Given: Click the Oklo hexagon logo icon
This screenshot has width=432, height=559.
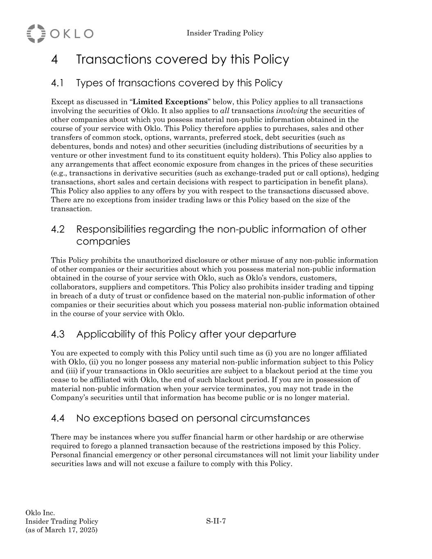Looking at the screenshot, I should click(36, 34).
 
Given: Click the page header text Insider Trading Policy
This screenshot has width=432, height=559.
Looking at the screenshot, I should click(225, 33).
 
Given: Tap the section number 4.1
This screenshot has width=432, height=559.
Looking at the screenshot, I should click(57, 83).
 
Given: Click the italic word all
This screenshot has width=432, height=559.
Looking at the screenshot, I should click(225, 111).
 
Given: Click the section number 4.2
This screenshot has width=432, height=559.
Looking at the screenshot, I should click(58, 229).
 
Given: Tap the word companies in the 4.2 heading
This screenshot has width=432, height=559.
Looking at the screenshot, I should click(103, 242).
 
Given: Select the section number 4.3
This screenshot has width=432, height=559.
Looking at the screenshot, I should click(58, 335).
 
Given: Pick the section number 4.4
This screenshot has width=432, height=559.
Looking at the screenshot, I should click(58, 419).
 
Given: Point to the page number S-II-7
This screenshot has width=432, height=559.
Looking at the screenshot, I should click(216, 521).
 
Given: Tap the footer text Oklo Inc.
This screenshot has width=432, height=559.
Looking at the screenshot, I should click(40, 513).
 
